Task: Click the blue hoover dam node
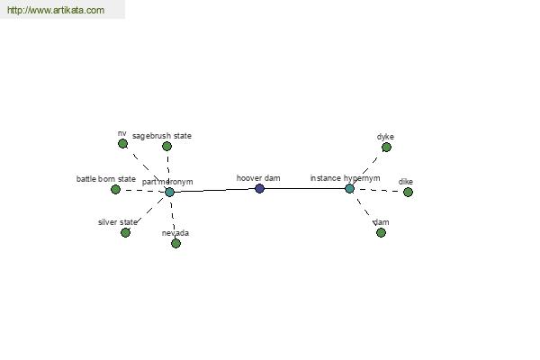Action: pyautogui.click(x=260, y=188)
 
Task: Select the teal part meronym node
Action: pyautogui.click(x=169, y=192)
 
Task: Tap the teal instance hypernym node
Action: pyautogui.click(x=349, y=188)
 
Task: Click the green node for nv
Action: pyautogui.click(x=122, y=144)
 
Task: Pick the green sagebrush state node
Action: pyautogui.click(x=167, y=147)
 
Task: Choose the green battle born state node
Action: pyautogui.click(x=116, y=190)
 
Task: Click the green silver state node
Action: pyautogui.click(x=126, y=232)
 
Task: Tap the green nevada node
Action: pyautogui.click(x=176, y=243)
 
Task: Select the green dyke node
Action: pyautogui.click(x=386, y=148)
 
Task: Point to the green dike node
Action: pyautogui.click(x=408, y=192)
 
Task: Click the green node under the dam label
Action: pyautogui.click(x=381, y=232)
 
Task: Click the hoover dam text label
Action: pyautogui.click(x=258, y=178)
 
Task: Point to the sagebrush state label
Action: pyautogui.click(x=162, y=136)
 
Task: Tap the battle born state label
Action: pyautogui.click(x=106, y=179)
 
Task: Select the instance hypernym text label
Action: pyautogui.click(x=345, y=178)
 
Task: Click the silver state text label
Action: pyautogui.click(x=117, y=222)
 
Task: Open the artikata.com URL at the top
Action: pyautogui.click(x=56, y=10)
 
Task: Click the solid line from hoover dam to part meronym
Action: pyautogui.click(x=214, y=190)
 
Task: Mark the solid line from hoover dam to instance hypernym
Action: pyautogui.click(x=304, y=188)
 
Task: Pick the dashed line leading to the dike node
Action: pyautogui.click(x=379, y=190)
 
